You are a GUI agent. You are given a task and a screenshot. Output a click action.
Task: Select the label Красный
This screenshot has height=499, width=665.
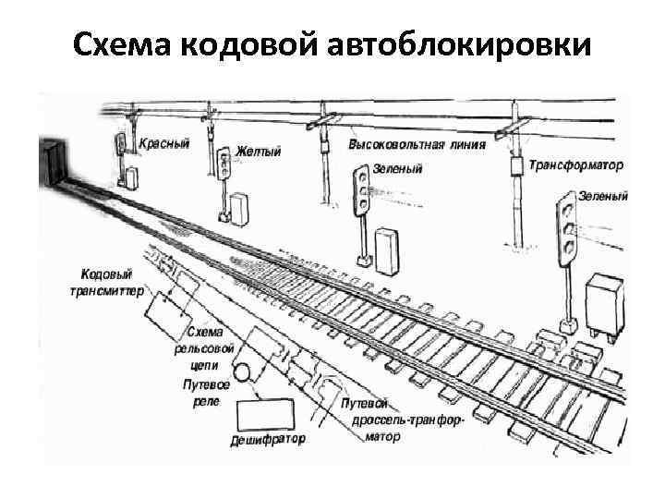[164, 144]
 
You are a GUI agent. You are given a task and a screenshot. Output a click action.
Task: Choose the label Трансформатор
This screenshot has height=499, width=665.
[576, 164]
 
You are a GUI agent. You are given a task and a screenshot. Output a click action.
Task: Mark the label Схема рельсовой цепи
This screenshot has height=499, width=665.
[204, 348]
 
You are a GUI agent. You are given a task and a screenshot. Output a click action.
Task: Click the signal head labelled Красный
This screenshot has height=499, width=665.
[119, 144]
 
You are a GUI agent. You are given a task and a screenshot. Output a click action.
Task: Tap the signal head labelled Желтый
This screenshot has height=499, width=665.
[223, 164]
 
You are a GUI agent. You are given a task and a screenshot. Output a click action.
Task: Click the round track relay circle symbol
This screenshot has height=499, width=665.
[241, 372]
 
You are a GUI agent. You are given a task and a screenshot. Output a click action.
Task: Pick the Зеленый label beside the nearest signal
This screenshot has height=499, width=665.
[602, 196]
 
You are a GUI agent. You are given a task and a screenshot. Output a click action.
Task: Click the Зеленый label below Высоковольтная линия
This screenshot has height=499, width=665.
[398, 170]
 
